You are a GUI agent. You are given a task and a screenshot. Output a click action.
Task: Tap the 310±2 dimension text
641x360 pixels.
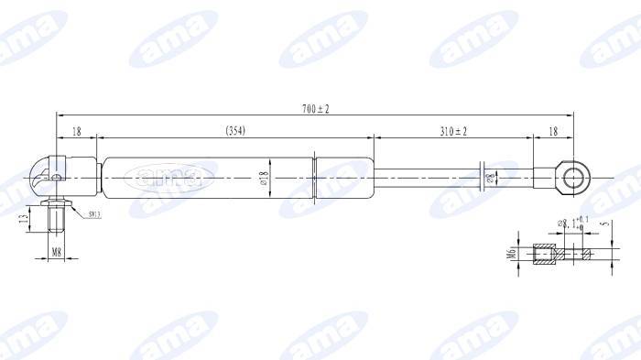pos(452,132)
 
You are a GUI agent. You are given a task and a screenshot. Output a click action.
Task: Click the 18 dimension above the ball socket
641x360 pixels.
pos(76,132)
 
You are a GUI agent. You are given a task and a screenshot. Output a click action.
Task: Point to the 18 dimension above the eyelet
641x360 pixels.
pos(552,132)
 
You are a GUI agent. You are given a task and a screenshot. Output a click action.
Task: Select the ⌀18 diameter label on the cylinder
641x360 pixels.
pos(264,177)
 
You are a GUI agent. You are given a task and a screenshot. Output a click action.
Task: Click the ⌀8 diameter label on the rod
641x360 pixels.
pos(491,176)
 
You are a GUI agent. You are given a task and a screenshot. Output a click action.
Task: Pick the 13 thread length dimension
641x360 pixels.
pos(23,218)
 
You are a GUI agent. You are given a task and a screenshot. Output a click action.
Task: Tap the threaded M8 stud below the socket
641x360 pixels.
pos(56,220)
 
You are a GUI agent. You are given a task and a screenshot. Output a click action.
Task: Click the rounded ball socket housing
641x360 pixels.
pos(45,172)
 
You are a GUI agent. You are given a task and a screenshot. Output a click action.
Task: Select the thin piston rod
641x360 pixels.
pos(430,175)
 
